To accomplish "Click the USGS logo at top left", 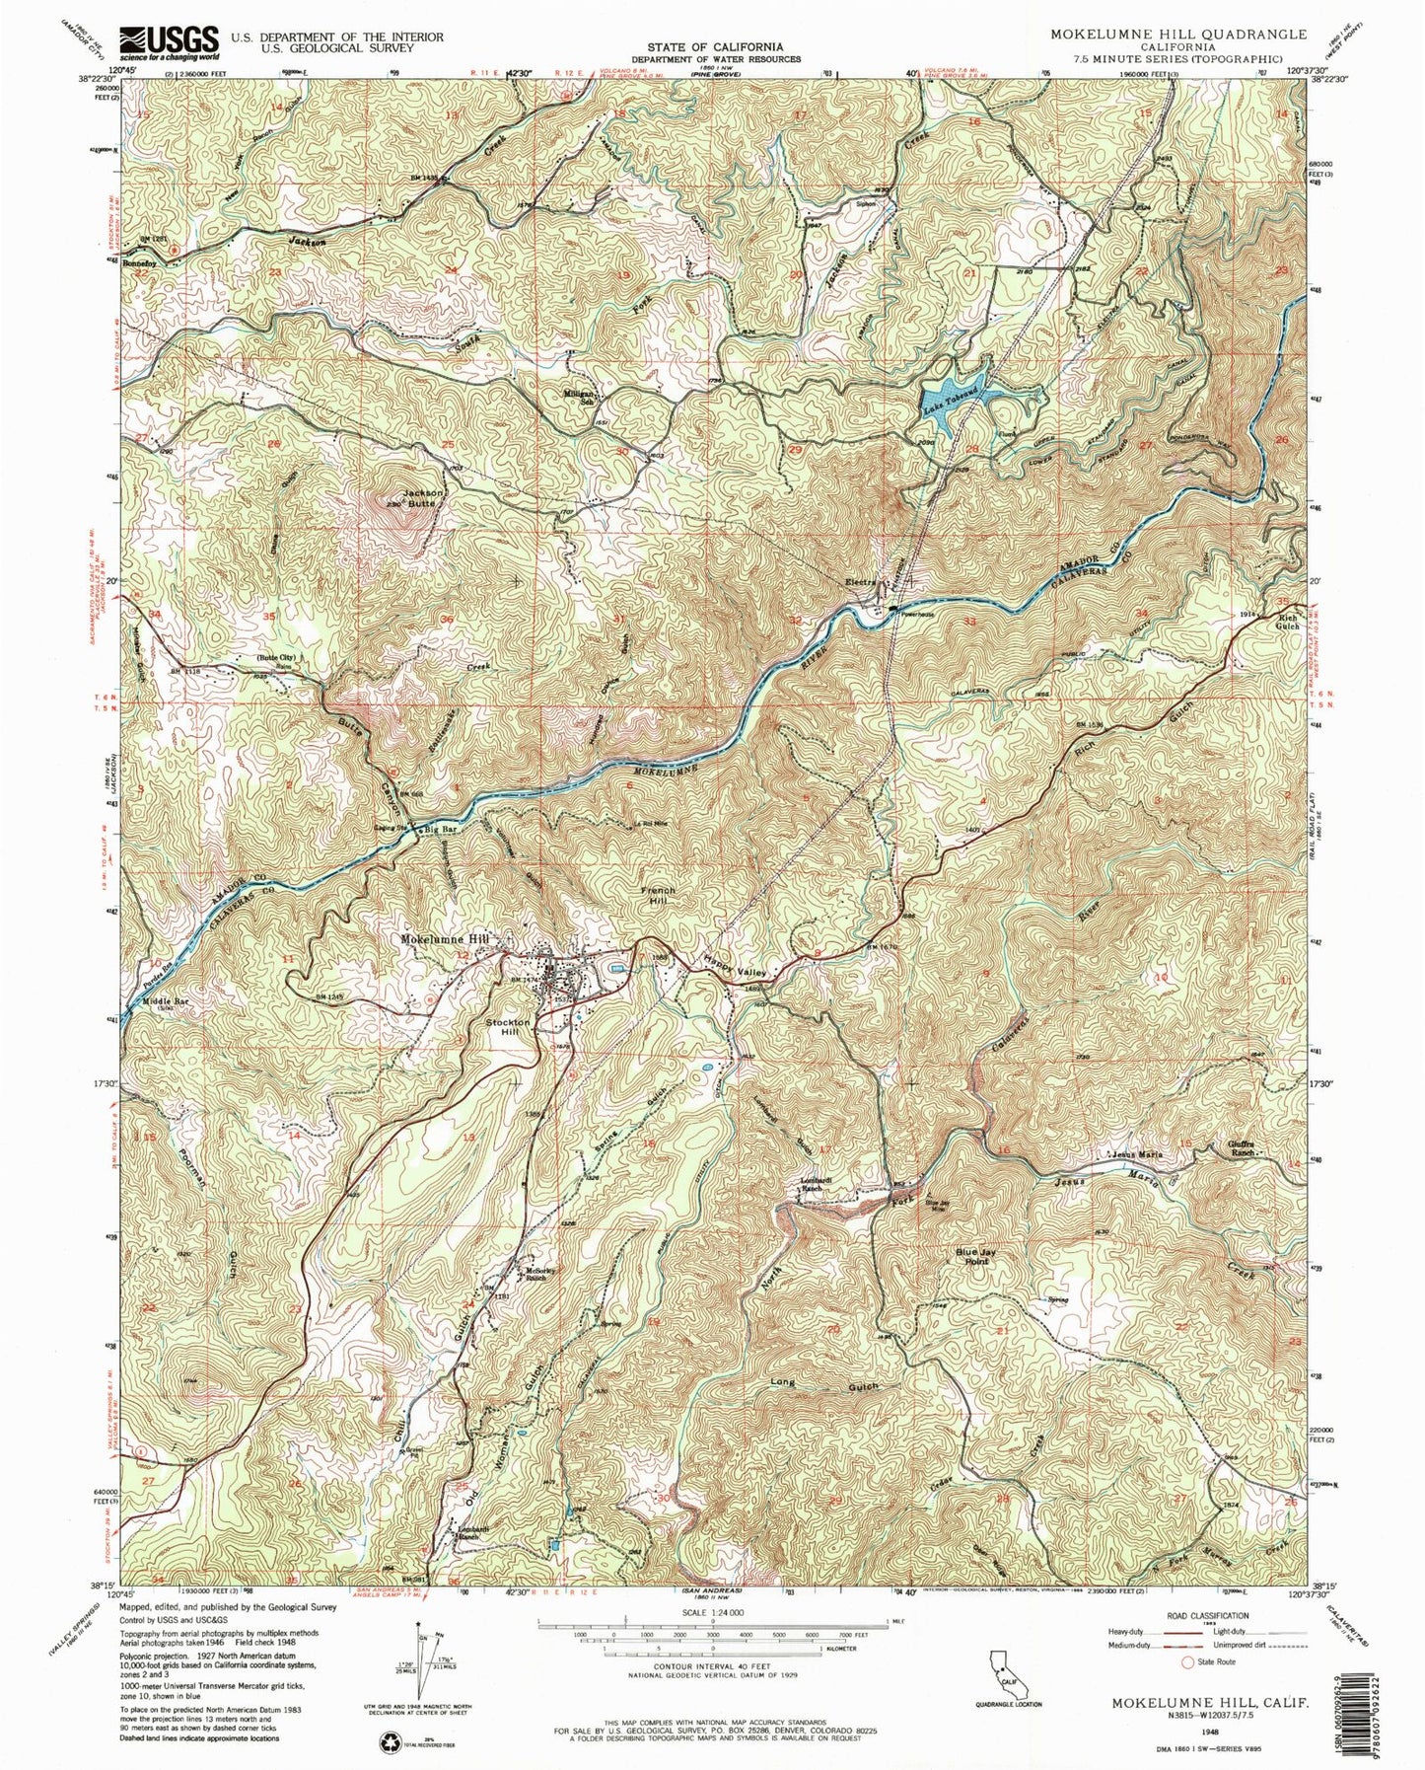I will pyautogui.click(x=168, y=40).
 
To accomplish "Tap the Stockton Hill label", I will pyautogui.click(x=507, y=1027).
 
